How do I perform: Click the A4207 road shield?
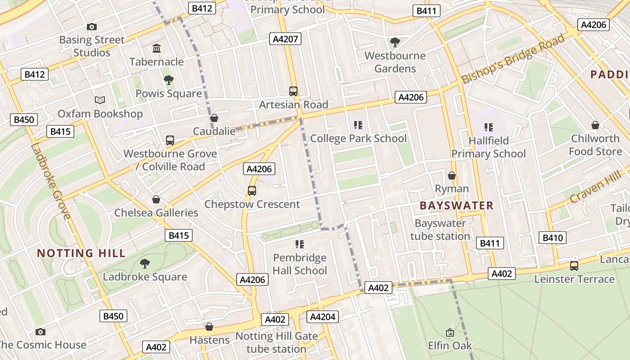(285, 39)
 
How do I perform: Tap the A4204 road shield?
(323, 317)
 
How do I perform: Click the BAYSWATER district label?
(456, 206)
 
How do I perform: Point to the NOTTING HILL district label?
(81, 253)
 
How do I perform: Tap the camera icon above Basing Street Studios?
(92, 27)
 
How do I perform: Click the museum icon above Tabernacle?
(157, 49)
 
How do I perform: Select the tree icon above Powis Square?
(169, 81)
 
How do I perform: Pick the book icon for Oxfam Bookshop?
(100, 100)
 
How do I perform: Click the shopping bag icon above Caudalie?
(214, 118)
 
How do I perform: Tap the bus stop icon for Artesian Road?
(293, 91)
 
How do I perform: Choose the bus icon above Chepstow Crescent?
(252, 191)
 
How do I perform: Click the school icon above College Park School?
(358, 125)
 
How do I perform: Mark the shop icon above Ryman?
(452, 175)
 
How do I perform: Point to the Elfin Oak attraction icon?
(450, 333)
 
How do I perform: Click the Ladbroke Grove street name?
(51, 181)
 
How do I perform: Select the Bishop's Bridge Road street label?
(513, 59)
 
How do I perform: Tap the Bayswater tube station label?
(440, 229)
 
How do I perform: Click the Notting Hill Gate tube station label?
(276, 342)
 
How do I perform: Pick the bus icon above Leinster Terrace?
(574, 266)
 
